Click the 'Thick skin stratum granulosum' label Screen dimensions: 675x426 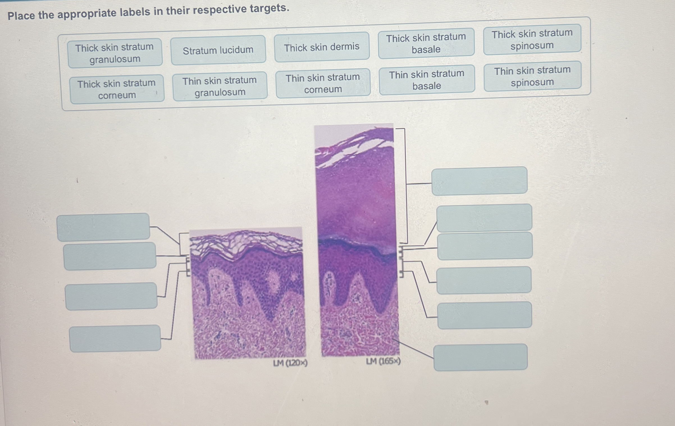coord(115,53)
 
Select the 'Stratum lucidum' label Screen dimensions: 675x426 coord(218,50)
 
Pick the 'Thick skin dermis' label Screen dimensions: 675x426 coord(322,47)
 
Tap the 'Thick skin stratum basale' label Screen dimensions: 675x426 coord(426,43)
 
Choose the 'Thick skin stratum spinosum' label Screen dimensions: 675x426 coord(532,39)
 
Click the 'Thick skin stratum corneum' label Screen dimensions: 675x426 coord(117,89)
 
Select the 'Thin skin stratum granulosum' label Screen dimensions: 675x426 coord(220,86)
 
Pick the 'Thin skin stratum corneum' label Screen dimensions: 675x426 coord(323,83)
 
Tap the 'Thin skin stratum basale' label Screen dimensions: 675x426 coord(427,80)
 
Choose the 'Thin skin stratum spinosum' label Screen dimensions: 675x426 coord(532,76)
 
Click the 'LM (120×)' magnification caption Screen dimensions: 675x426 coord(290,363)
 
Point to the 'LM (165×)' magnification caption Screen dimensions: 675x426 coord(383,361)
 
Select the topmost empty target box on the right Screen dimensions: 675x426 coord(479,181)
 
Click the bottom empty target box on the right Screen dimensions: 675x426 coord(480,357)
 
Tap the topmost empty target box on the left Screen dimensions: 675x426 coord(103,227)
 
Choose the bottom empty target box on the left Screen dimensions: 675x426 coord(115,338)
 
